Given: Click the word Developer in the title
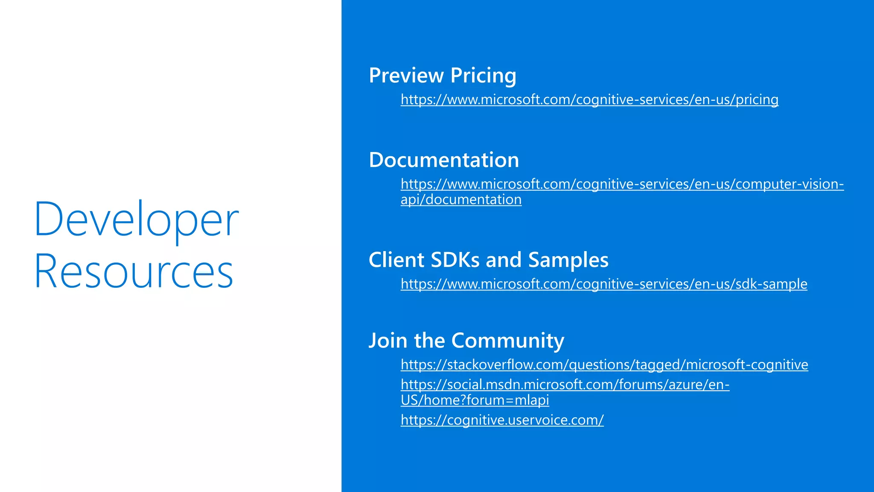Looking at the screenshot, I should (x=136, y=220).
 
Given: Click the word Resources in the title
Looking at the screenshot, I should (x=134, y=271).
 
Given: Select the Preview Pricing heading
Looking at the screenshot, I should (x=443, y=76).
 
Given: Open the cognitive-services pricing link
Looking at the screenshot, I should (x=589, y=100).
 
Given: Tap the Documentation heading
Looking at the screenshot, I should (x=444, y=160).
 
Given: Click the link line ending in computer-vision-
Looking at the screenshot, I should (x=622, y=184).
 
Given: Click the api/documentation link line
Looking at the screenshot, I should (x=461, y=199).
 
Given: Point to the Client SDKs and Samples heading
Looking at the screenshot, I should (x=488, y=260).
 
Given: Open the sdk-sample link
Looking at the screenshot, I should (x=604, y=284).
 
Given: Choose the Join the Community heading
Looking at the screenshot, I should (x=466, y=340).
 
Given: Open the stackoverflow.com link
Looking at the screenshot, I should (x=604, y=365).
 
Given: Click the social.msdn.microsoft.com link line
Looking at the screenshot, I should (x=565, y=385).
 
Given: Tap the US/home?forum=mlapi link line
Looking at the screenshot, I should (x=475, y=400).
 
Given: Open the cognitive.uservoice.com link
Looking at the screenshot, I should (x=502, y=420).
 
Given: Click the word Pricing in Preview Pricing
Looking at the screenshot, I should (x=483, y=76).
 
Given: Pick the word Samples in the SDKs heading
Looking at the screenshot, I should (x=568, y=260).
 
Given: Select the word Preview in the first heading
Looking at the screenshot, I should (x=406, y=76).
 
